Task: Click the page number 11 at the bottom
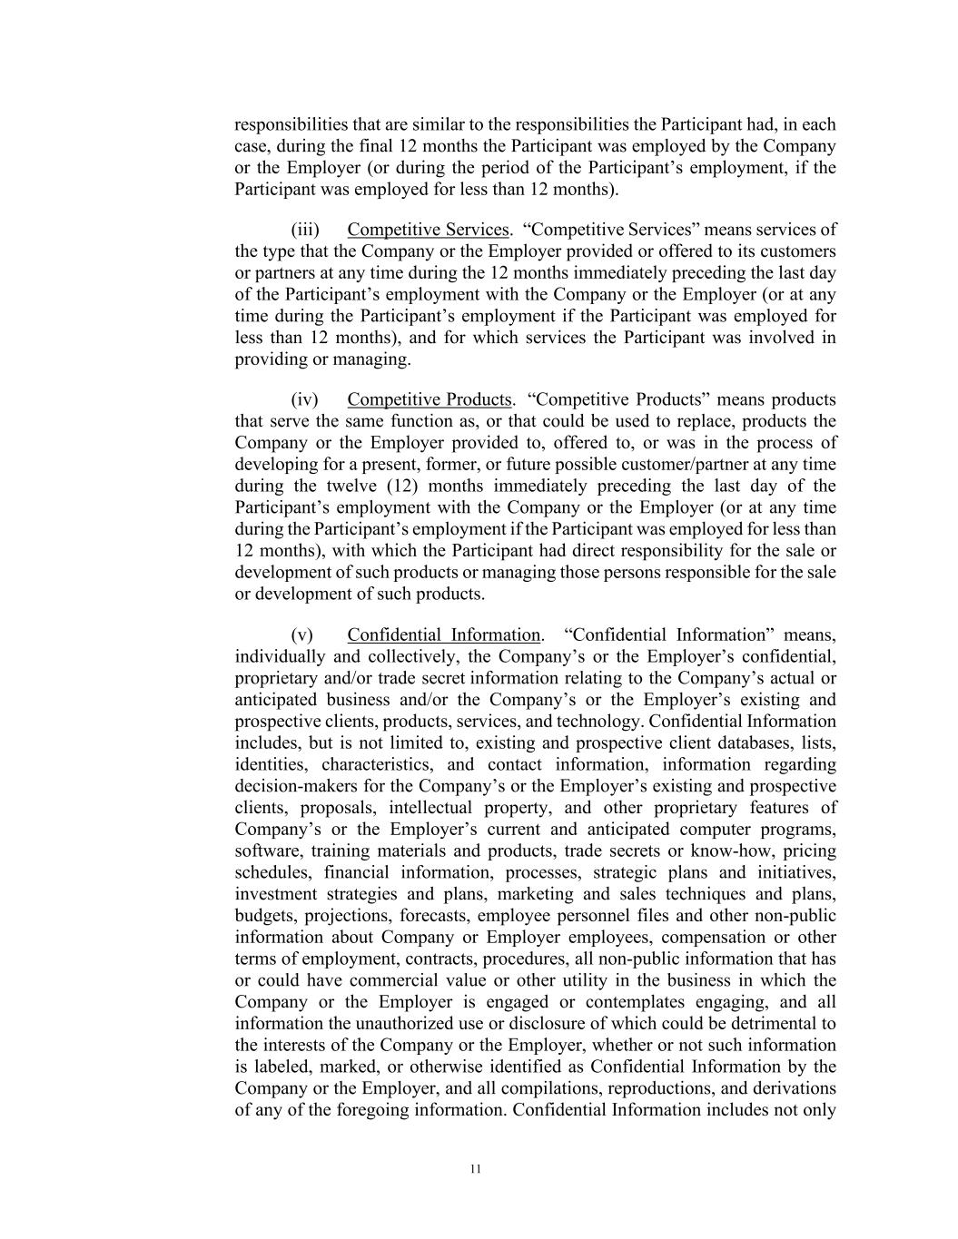[x=475, y=1169]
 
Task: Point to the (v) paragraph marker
[x=302, y=635]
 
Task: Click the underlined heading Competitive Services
[x=428, y=230]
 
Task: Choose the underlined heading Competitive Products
[x=430, y=400]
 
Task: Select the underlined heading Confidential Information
[x=443, y=635]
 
